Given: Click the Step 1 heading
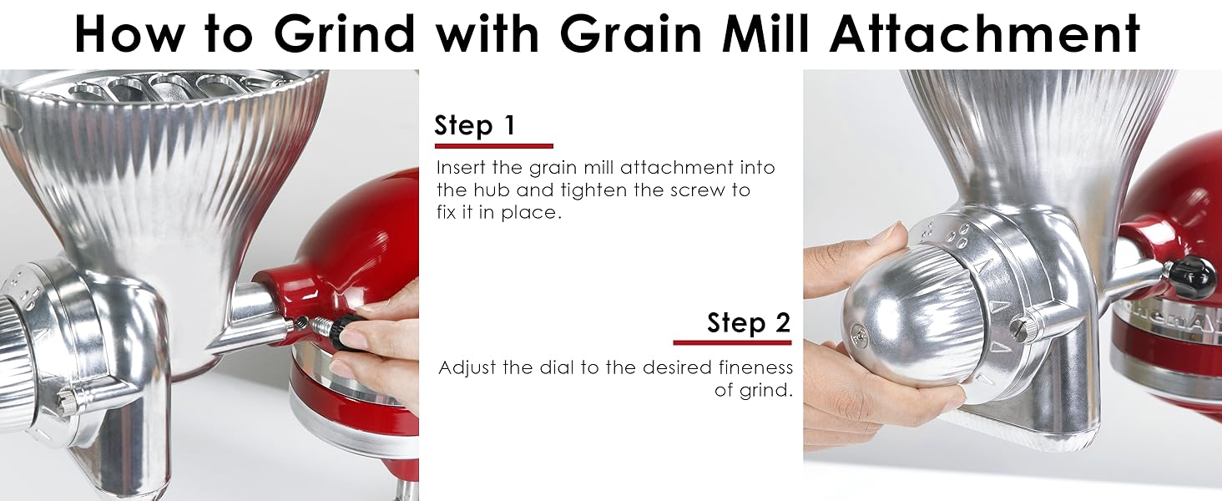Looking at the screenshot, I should pos(475,126).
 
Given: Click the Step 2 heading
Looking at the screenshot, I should pos(748,322).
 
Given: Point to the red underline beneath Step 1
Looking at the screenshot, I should pos(493,145).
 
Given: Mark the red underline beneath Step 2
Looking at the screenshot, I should pos(732,342).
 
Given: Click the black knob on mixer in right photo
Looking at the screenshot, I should pos(1192,277).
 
